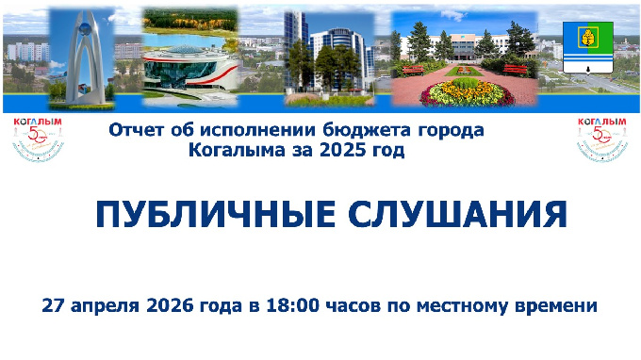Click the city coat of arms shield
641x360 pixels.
click(582, 46)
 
